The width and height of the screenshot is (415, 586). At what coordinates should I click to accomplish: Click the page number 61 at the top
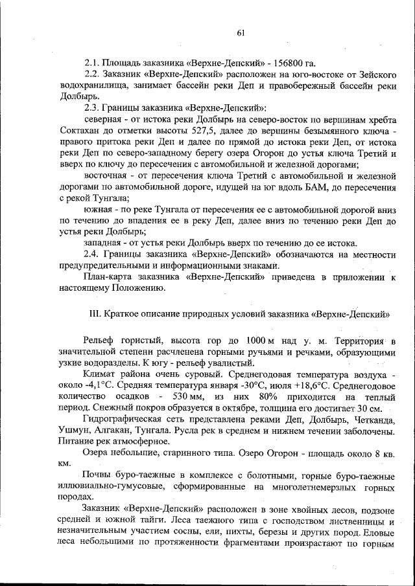241,34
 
